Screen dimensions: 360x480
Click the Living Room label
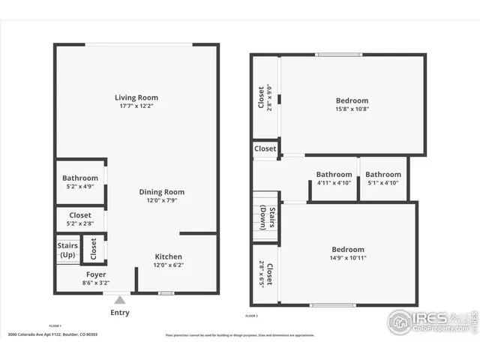(x=136, y=97)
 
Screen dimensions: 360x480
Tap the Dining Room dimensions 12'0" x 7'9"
(x=161, y=200)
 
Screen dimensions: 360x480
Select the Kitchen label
(x=168, y=256)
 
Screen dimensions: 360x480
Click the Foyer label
(x=95, y=274)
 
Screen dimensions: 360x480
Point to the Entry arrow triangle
(x=120, y=300)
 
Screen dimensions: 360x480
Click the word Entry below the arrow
(x=120, y=312)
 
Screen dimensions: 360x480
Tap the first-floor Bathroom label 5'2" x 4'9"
(x=79, y=178)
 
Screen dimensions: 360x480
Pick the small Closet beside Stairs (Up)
(x=94, y=247)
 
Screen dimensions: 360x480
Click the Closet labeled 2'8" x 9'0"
(x=262, y=97)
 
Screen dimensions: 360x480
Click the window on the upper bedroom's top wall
(x=339, y=54)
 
